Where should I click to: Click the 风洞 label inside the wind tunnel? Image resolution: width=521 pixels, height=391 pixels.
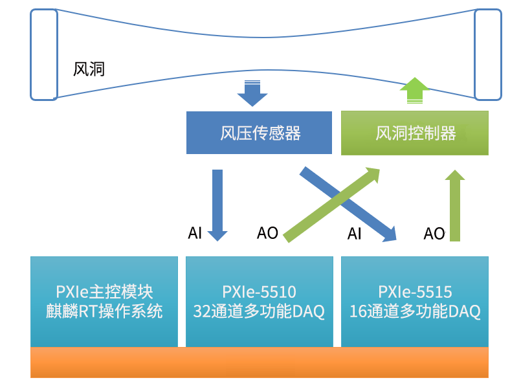pos(89,69)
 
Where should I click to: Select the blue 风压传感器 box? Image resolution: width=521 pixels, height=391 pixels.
pos(260,133)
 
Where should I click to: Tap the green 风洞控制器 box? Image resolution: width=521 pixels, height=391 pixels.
pos(415,133)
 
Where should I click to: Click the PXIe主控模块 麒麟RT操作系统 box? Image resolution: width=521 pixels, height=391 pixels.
pos(104,302)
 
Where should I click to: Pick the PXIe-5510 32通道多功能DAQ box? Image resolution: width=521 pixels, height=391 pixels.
pos(259,302)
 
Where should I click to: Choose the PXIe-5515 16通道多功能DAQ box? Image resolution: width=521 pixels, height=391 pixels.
pos(415,302)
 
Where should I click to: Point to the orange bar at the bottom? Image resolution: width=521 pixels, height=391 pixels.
pos(260,363)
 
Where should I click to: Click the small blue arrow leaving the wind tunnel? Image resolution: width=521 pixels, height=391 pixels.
pos(252,93)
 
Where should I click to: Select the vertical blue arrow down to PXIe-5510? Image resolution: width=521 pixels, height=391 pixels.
pos(217,204)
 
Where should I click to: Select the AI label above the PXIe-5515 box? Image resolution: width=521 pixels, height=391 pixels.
pos(354,234)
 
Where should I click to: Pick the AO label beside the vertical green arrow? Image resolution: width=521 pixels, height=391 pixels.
pos(434,234)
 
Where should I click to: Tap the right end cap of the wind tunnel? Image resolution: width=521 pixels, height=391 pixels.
pos(488,54)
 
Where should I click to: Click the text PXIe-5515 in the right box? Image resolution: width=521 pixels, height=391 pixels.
pos(415,292)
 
